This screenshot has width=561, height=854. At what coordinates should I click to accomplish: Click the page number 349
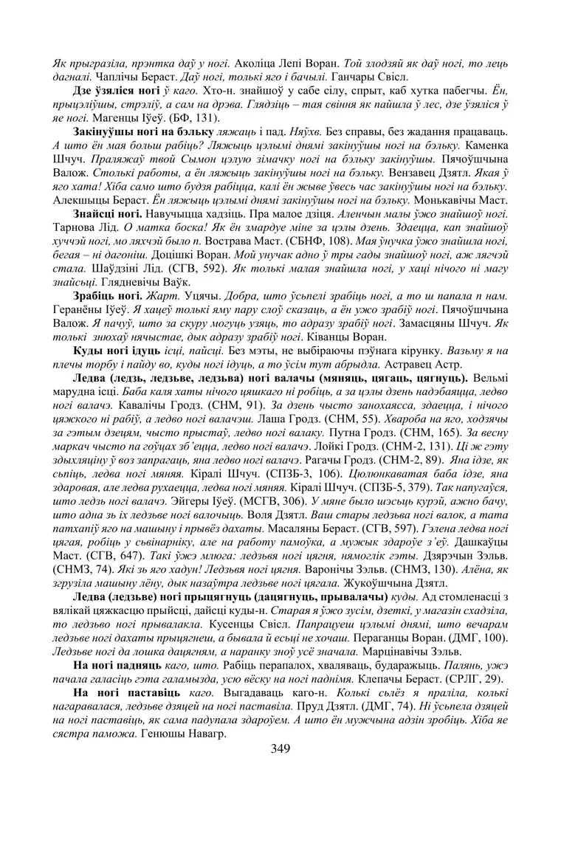click(x=280, y=748)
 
